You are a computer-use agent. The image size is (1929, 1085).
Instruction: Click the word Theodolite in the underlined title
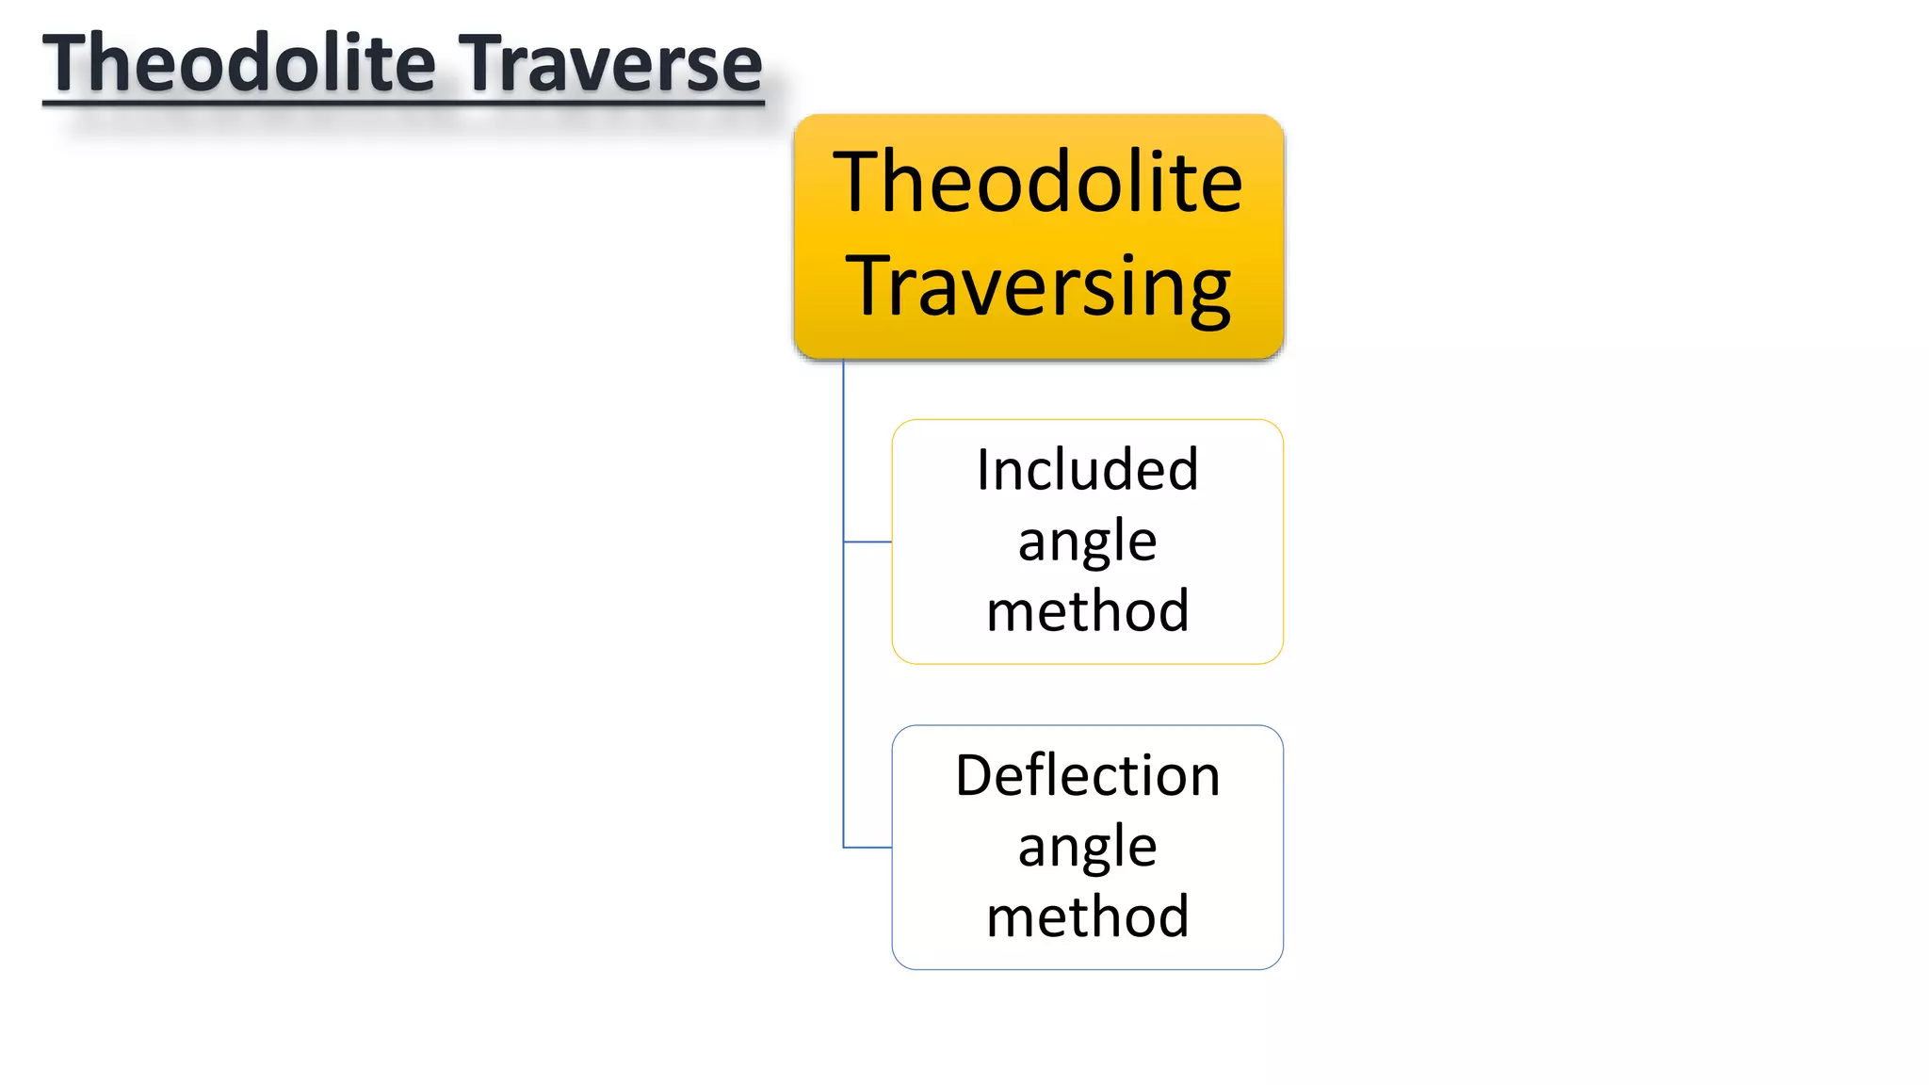pyautogui.click(x=239, y=64)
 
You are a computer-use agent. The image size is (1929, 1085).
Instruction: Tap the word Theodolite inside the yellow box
pyautogui.click(x=1038, y=183)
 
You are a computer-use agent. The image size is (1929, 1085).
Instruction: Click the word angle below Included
pyautogui.click(x=1087, y=542)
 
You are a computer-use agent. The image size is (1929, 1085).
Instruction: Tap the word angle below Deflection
pyautogui.click(x=1087, y=848)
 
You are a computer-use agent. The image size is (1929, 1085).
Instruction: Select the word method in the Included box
pyautogui.click(x=1087, y=611)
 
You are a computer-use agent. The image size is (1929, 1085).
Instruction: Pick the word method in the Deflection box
pyautogui.click(x=1087, y=916)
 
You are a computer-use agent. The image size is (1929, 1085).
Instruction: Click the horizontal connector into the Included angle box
pyautogui.click(x=867, y=542)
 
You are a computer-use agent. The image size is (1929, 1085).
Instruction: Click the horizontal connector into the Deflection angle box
pyautogui.click(x=867, y=848)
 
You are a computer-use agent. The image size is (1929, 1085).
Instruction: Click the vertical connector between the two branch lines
pyautogui.click(x=843, y=697)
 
